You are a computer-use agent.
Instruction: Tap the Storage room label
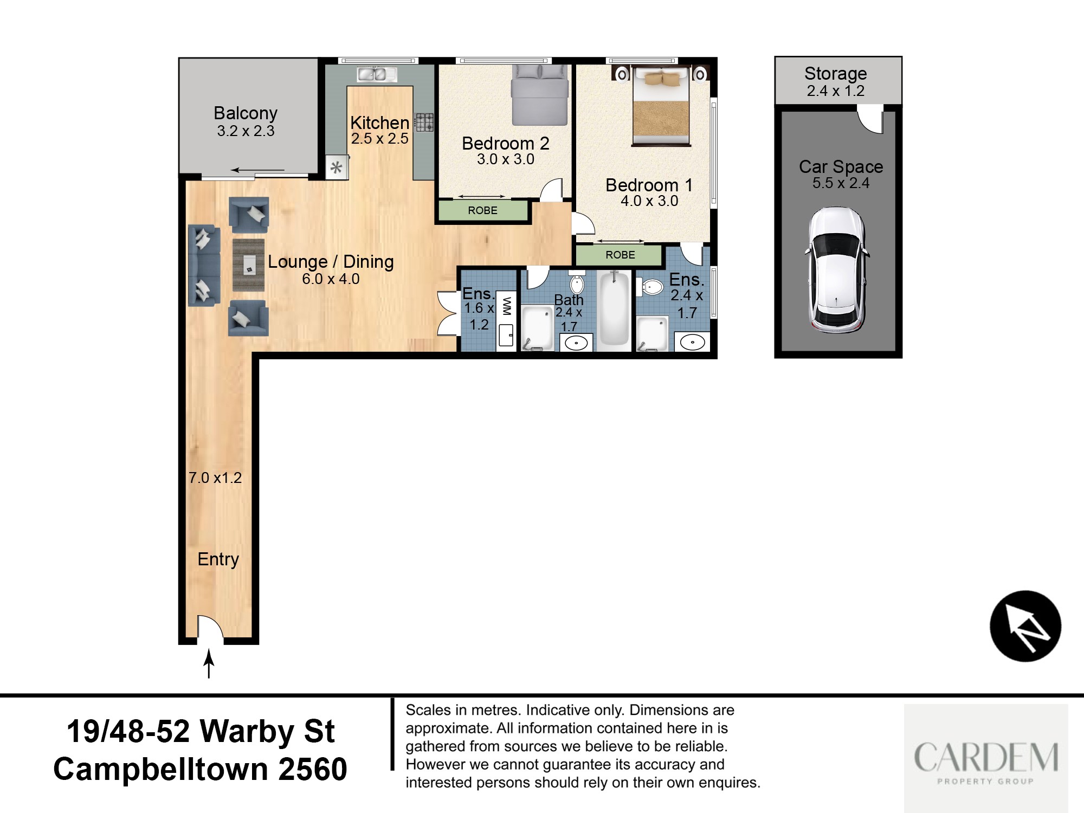pyautogui.click(x=835, y=73)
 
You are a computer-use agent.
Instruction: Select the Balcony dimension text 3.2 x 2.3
pyautogui.click(x=246, y=131)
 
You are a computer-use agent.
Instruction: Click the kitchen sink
pyautogui.click(x=377, y=74)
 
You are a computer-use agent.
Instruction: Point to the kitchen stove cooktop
pyautogui.click(x=424, y=122)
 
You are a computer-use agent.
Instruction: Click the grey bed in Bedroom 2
pyautogui.click(x=540, y=94)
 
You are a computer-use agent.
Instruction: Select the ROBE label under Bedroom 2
pyautogui.click(x=482, y=210)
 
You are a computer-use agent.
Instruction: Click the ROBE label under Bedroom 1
pyautogui.click(x=620, y=255)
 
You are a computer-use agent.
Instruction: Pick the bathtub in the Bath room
pyautogui.click(x=615, y=309)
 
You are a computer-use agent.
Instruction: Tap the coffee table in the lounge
pyautogui.click(x=249, y=266)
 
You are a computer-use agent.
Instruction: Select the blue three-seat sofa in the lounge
pyautogui.click(x=204, y=266)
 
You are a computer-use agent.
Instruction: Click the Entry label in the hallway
pyautogui.click(x=218, y=559)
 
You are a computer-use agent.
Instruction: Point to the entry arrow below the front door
pyautogui.click(x=209, y=664)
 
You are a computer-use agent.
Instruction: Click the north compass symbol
pyautogui.click(x=1025, y=626)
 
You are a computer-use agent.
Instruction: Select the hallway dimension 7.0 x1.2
pyautogui.click(x=215, y=478)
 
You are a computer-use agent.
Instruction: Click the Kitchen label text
pyautogui.click(x=379, y=122)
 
